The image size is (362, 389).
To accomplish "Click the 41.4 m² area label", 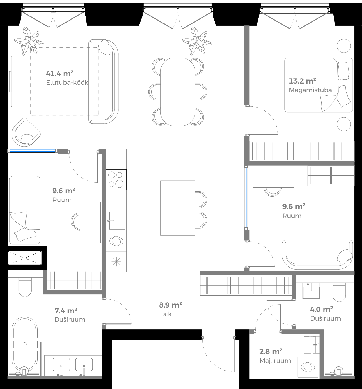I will tap(60, 73).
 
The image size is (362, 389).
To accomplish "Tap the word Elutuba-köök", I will tap(67, 83).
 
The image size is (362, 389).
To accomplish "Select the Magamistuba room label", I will tap(310, 90).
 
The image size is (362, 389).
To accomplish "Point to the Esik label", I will tap(165, 314).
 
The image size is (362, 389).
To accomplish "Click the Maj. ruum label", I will tap(275, 361).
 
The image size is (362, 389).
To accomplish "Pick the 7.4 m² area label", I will tap(66, 311).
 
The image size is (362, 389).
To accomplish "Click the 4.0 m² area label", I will tap(321, 309).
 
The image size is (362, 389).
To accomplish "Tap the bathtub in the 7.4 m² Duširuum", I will tap(25, 344).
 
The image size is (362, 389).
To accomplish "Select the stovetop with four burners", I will tap(116, 179).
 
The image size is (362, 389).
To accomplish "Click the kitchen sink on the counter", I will tap(117, 221).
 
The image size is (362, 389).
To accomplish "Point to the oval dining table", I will tap(178, 92).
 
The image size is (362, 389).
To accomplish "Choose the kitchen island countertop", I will tap(178, 208).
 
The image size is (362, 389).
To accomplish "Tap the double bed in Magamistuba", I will tap(318, 85).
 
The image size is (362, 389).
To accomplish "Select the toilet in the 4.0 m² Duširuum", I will tap(339, 292).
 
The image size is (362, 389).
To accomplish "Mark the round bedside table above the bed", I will tap(344, 46).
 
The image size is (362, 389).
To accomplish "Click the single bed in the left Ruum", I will tap(25, 210).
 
